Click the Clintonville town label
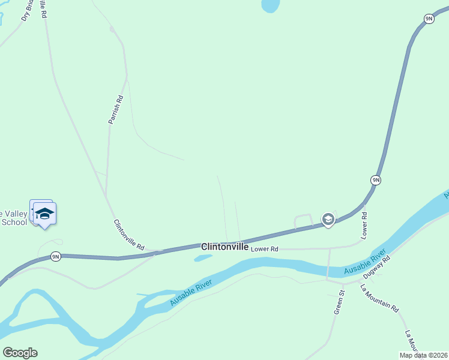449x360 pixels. [224, 247]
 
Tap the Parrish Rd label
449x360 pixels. [116, 110]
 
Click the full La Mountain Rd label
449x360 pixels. [379, 298]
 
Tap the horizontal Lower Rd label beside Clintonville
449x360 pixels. [265, 248]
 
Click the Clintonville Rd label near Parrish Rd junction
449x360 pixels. [129, 235]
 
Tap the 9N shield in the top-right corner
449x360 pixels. [429, 19]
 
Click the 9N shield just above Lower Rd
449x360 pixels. [375, 180]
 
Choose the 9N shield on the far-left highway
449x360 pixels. [55, 257]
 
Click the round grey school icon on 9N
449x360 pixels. [328, 220]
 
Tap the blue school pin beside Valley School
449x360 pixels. [44, 213]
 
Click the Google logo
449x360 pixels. [20, 353]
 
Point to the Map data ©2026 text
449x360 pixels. [424, 355]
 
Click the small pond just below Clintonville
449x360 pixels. [203, 259]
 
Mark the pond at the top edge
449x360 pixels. [271, 6]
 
